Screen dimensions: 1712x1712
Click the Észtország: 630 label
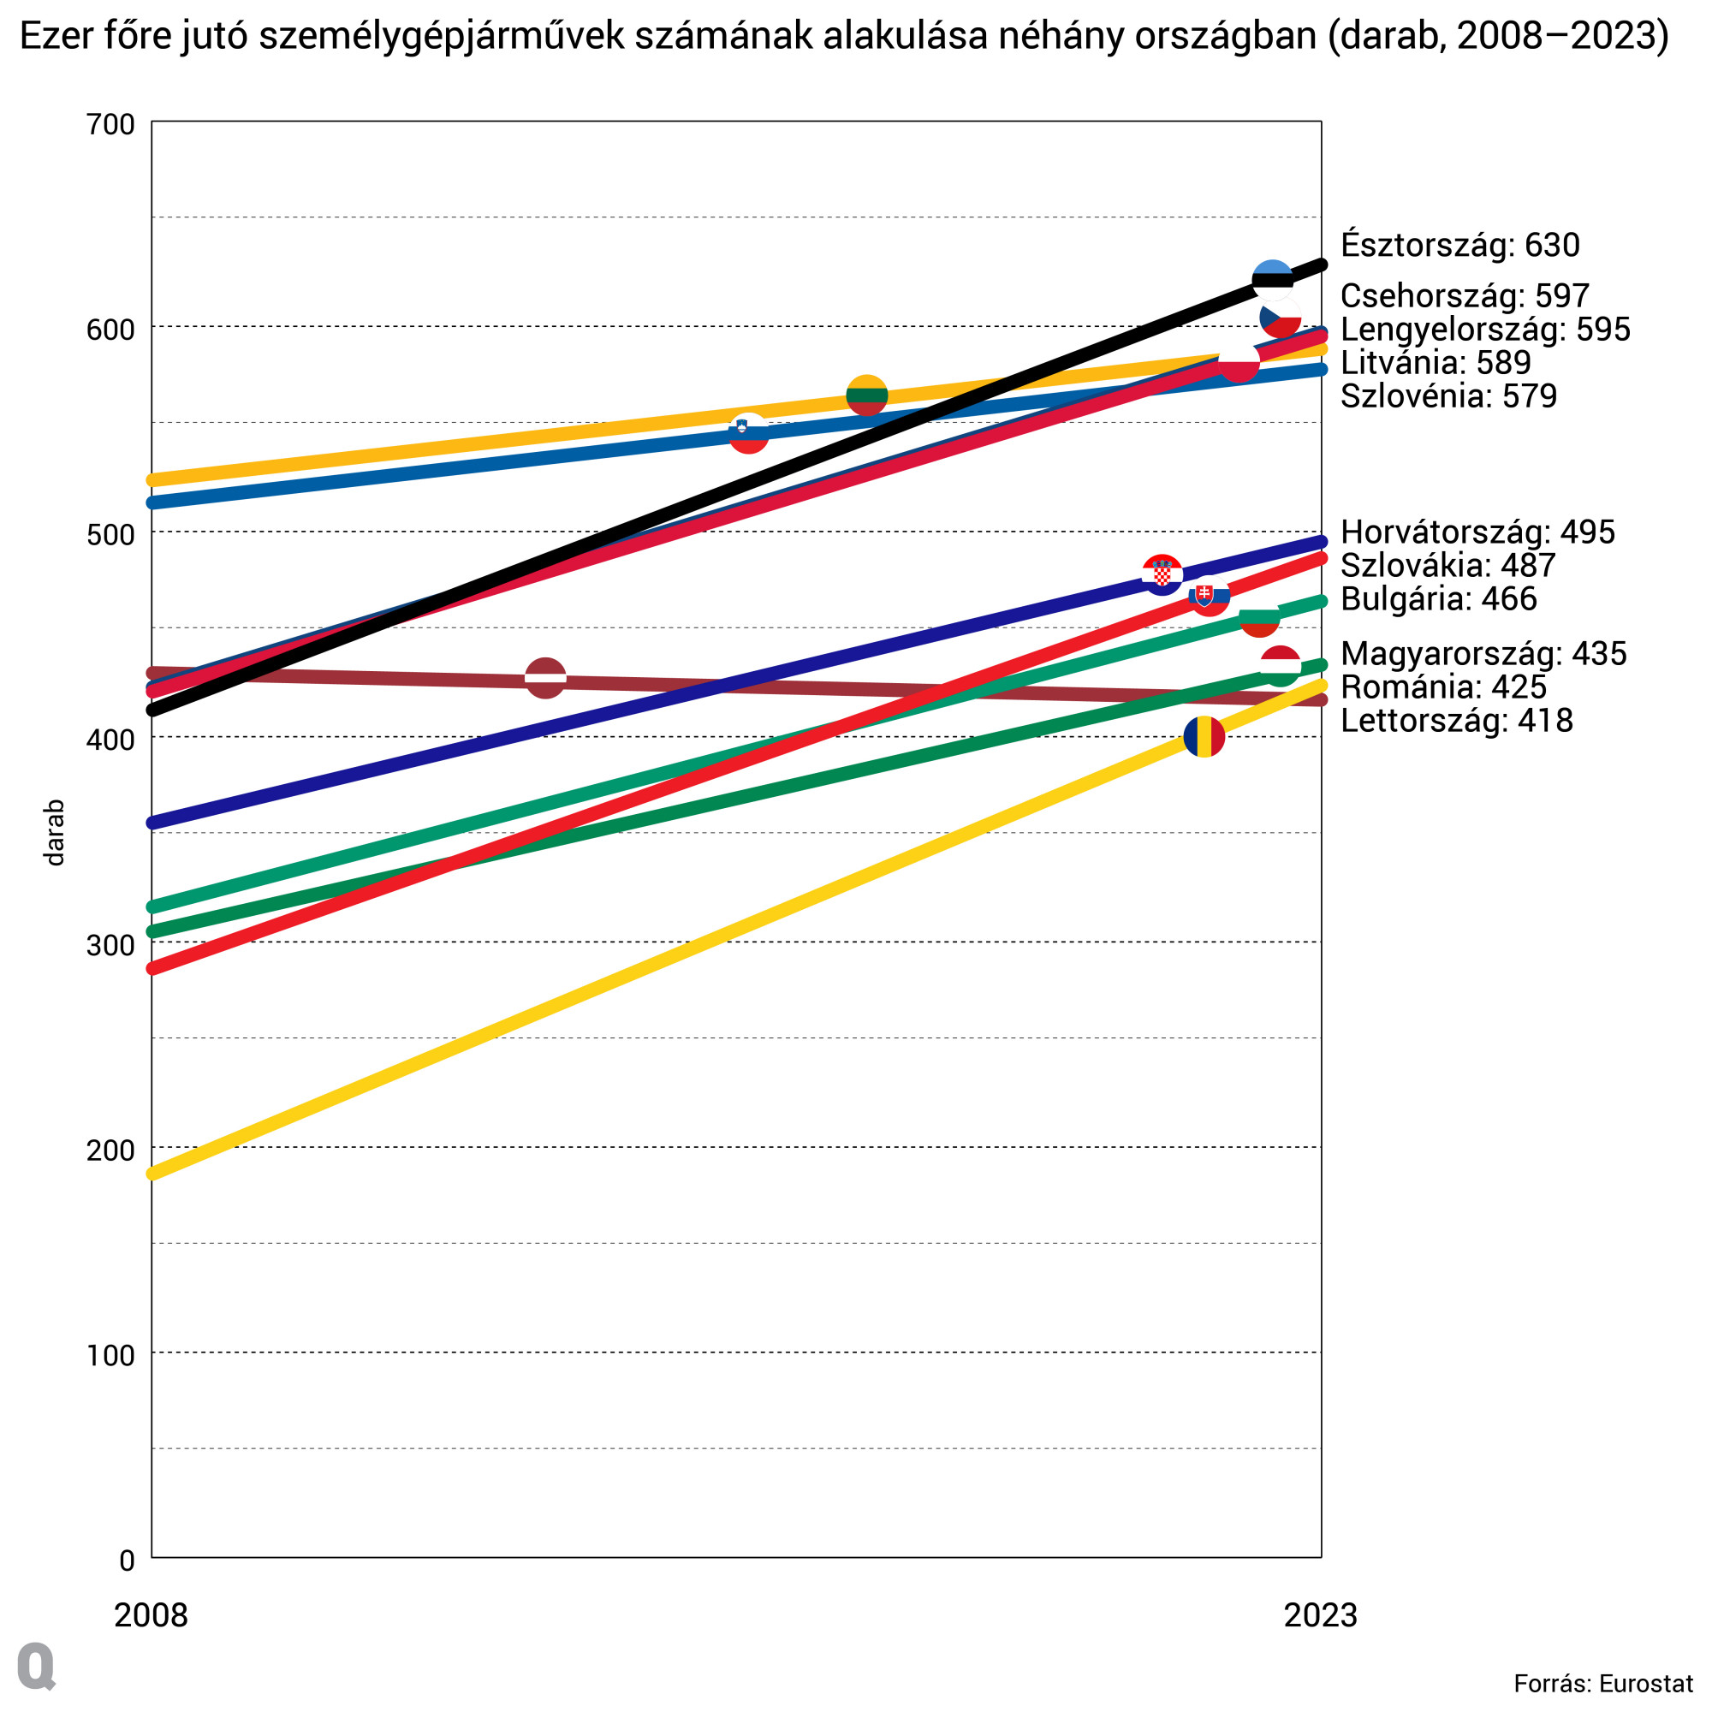tap(1459, 246)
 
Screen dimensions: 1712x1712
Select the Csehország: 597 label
tap(1465, 296)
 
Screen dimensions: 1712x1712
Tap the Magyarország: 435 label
tap(1483, 654)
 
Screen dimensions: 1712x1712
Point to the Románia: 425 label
tap(1443, 687)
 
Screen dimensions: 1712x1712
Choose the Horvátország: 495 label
tap(1477, 532)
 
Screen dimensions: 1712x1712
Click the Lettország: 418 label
tap(1457, 721)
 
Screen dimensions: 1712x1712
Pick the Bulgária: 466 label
tap(1438, 599)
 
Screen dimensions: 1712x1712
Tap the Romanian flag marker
tap(1204, 736)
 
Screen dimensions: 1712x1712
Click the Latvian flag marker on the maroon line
tap(546, 678)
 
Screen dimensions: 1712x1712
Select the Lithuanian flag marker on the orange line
tap(866, 395)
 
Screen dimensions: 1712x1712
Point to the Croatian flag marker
tap(1162, 574)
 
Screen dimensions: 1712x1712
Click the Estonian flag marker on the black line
tap(1273, 281)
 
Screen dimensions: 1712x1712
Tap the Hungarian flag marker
tap(1281, 665)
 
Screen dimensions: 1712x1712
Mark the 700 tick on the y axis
tap(110, 124)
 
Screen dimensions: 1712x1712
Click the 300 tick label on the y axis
tap(110, 946)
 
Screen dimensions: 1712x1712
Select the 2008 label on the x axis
tap(152, 1614)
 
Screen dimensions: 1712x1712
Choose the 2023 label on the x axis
tap(1320, 1614)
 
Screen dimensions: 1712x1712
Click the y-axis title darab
tap(55, 832)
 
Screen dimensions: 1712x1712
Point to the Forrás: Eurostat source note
tap(1603, 1684)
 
